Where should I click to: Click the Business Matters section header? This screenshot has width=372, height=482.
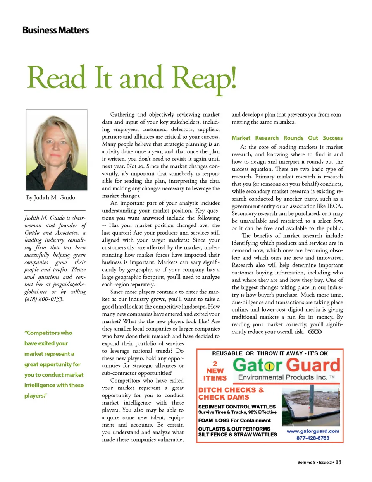(55, 30)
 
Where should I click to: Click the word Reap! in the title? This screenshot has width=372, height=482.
(203, 78)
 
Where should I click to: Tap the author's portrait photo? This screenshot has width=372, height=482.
(57, 150)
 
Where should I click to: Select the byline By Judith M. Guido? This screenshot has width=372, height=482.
(51, 197)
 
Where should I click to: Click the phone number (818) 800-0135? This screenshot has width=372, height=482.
(44, 299)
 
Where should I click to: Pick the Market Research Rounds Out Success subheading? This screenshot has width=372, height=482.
(287, 138)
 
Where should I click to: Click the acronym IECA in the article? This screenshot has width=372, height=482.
(334, 206)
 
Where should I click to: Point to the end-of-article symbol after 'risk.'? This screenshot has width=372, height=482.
(315, 332)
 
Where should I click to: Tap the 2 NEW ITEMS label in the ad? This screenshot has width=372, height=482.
(215, 371)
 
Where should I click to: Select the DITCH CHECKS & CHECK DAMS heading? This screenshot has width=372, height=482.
(231, 393)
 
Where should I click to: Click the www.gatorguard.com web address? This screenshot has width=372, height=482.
(313, 431)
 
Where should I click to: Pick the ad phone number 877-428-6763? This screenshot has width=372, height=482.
(313, 438)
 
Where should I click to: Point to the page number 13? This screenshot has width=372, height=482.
(339, 462)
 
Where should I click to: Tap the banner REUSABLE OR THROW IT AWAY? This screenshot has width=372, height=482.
(270, 353)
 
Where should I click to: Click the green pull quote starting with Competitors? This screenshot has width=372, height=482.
(54, 364)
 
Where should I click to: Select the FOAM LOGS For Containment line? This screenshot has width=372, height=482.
(234, 420)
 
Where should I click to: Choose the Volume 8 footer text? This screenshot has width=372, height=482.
(306, 462)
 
